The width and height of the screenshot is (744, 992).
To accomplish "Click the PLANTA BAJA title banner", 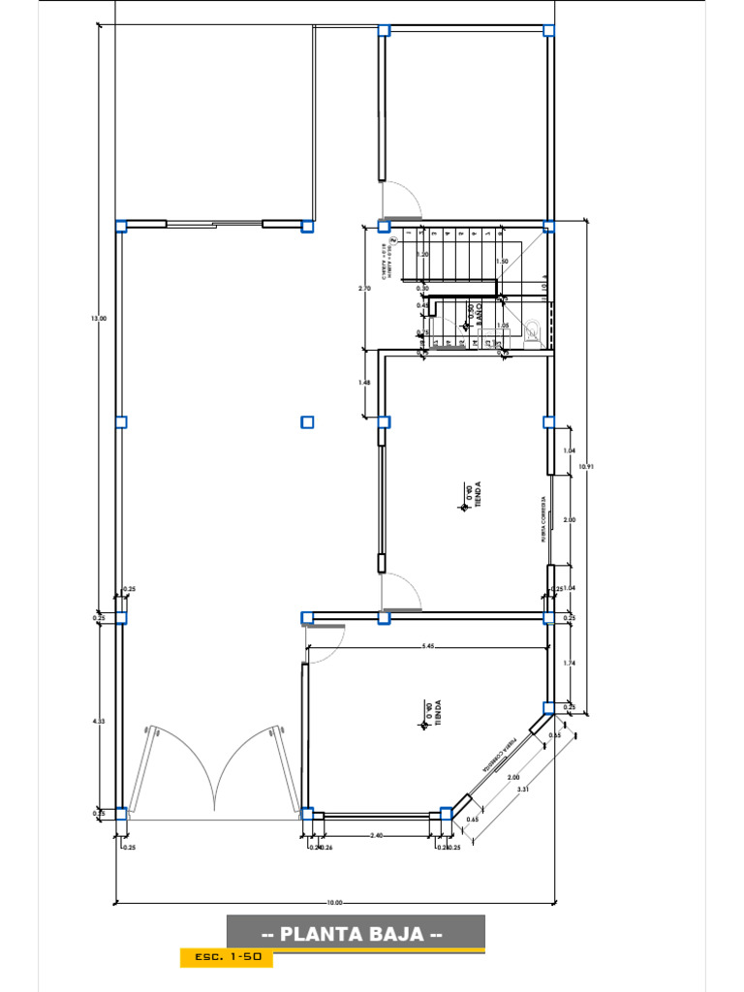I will pos(355,934).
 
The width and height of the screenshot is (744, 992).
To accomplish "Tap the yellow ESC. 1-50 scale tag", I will pos(226,957).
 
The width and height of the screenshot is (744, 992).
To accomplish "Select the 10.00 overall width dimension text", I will pos(334,902).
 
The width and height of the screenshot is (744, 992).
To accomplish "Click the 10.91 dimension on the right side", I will pos(585,466).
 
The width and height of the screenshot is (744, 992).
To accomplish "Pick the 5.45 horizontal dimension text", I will pos(427,646).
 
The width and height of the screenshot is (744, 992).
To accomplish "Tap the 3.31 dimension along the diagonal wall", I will pos(523,789).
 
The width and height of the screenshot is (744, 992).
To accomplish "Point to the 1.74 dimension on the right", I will pos(570,663).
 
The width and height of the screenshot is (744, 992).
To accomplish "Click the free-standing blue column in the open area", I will pos(307,421).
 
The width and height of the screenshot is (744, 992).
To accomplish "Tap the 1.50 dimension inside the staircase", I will pos(501,262).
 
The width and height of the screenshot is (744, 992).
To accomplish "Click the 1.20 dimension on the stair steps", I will pos(423,254).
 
